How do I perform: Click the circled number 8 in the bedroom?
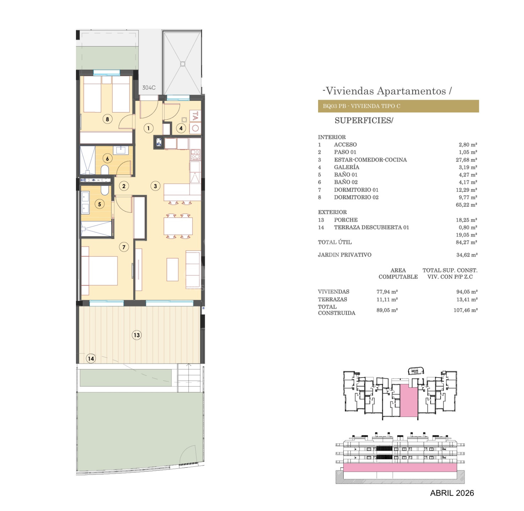point(107,119)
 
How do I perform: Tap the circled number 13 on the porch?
point(137,335)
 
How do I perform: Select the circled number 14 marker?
point(91,358)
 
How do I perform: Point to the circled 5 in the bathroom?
point(99,204)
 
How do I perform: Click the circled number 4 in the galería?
point(181,128)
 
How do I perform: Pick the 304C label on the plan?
point(149,87)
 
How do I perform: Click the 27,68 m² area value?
point(466,160)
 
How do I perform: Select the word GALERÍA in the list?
point(346,167)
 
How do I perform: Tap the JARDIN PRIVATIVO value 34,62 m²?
point(466,254)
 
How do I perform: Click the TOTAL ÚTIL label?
point(334,242)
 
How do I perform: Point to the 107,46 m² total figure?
point(465,310)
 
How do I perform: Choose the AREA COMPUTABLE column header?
point(398,273)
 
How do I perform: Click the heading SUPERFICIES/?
point(364,120)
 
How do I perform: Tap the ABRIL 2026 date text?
point(452,493)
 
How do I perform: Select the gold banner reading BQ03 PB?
point(398,106)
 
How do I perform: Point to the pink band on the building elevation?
point(400,468)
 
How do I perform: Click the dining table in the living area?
point(178,226)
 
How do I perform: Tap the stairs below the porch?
point(189,378)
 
